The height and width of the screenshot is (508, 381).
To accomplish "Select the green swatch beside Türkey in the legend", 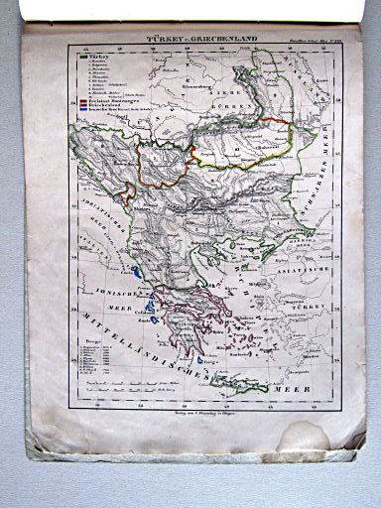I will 77,57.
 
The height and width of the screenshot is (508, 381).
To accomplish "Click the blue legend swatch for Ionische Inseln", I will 77,111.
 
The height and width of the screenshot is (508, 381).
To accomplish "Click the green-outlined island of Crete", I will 240,385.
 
